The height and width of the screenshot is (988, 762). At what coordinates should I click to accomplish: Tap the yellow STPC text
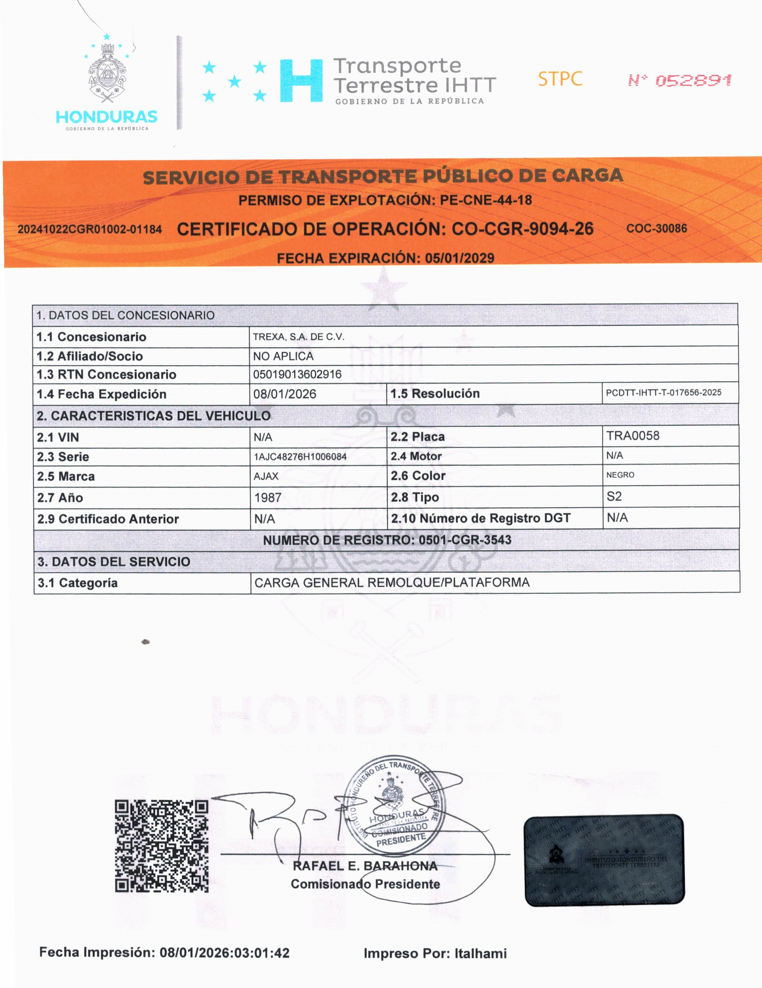[x=560, y=79]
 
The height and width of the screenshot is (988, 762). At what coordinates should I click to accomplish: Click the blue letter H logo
[x=301, y=81]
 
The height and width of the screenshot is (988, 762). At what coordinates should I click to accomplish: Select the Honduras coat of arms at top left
[x=107, y=72]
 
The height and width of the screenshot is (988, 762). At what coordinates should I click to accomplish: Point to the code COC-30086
[x=656, y=228]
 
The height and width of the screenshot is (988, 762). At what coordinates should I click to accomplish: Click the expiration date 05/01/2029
[x=459, y=258]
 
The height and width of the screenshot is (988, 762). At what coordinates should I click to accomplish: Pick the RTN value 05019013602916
[x=297, y=374]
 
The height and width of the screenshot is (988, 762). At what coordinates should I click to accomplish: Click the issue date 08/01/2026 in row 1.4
[x=285, y=394]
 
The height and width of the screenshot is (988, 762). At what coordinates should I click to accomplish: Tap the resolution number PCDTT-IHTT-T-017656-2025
[x=663, y=393]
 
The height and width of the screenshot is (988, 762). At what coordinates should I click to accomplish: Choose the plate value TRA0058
[x=633, y=436]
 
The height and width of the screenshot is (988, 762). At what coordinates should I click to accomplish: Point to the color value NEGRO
[x=620, y=475]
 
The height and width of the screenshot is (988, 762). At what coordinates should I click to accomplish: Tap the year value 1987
[x=268, y=498]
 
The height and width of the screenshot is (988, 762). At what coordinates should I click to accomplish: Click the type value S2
[x=614, y=496]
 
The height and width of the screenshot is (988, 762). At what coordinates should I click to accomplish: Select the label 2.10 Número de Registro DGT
[x=480, y=518]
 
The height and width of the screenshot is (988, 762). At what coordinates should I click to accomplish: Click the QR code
[x=161, y=846]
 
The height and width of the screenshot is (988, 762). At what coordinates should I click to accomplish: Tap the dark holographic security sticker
[x=604, y=860]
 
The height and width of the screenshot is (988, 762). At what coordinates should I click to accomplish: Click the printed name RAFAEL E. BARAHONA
[x=365, y=866]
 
